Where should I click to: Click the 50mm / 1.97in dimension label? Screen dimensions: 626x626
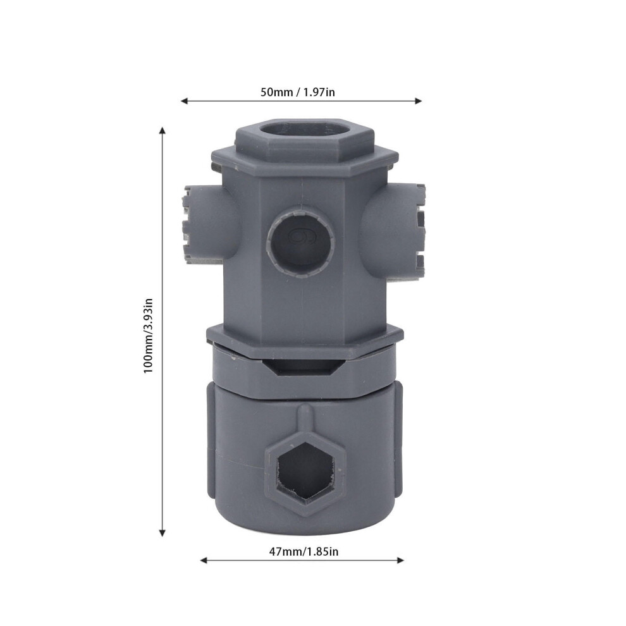(298, 92)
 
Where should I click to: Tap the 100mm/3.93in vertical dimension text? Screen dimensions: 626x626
(148, 336)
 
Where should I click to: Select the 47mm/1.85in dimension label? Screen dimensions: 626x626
(304, 551)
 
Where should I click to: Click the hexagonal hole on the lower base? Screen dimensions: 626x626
(306, 471)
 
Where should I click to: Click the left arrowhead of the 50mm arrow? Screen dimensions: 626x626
(184, 101)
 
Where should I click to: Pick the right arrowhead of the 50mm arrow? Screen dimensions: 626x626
(419, 101)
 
